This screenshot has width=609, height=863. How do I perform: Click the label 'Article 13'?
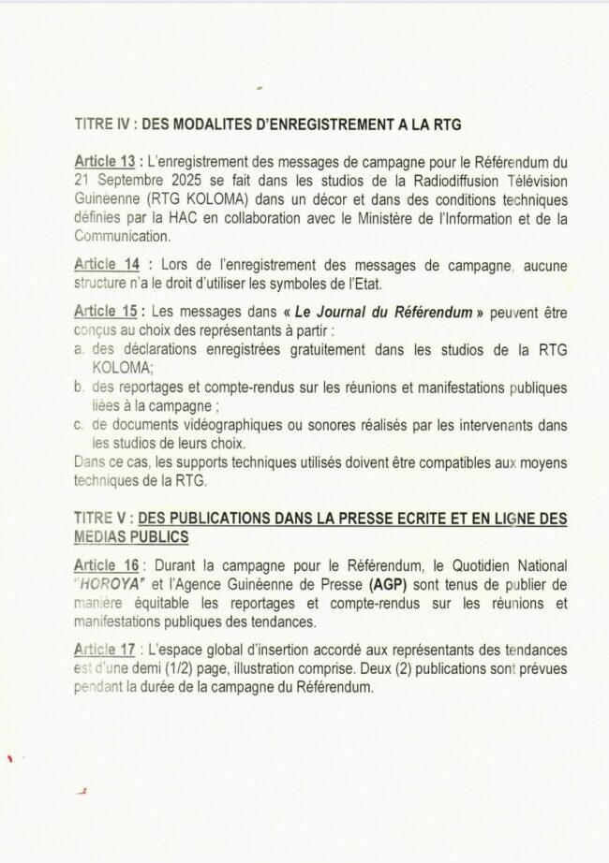coord(106,162)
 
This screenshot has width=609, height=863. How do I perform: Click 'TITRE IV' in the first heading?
coord(98,124)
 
